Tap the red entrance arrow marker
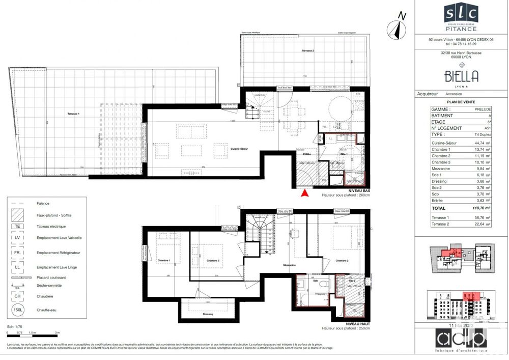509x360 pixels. [305, 192]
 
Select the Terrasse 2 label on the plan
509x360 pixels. [307, 51]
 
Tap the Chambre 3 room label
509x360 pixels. [213, 261]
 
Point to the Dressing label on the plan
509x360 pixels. [208, 314]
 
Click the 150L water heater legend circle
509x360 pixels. [17, 309]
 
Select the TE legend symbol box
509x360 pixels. [17, 227]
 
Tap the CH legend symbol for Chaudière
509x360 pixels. [17, 296]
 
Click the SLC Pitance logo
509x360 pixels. [461, 17]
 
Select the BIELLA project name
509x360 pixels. [461, 77]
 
